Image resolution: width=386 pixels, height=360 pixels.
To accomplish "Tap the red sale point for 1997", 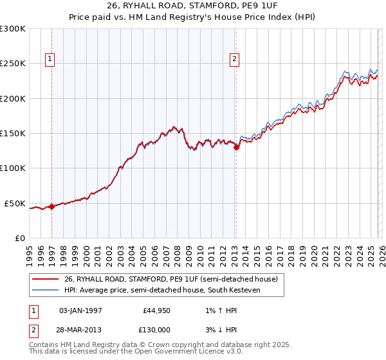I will (51, 207).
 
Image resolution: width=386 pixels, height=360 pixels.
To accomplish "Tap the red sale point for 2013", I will (236, 147).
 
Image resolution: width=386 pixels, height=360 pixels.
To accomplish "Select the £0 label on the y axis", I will (19, 238).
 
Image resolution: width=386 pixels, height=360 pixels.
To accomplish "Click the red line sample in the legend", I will (46, 279).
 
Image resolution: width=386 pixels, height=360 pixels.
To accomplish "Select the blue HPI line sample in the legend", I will (46, 291).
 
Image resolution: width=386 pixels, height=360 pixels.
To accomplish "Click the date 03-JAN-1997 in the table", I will (80, 310).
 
